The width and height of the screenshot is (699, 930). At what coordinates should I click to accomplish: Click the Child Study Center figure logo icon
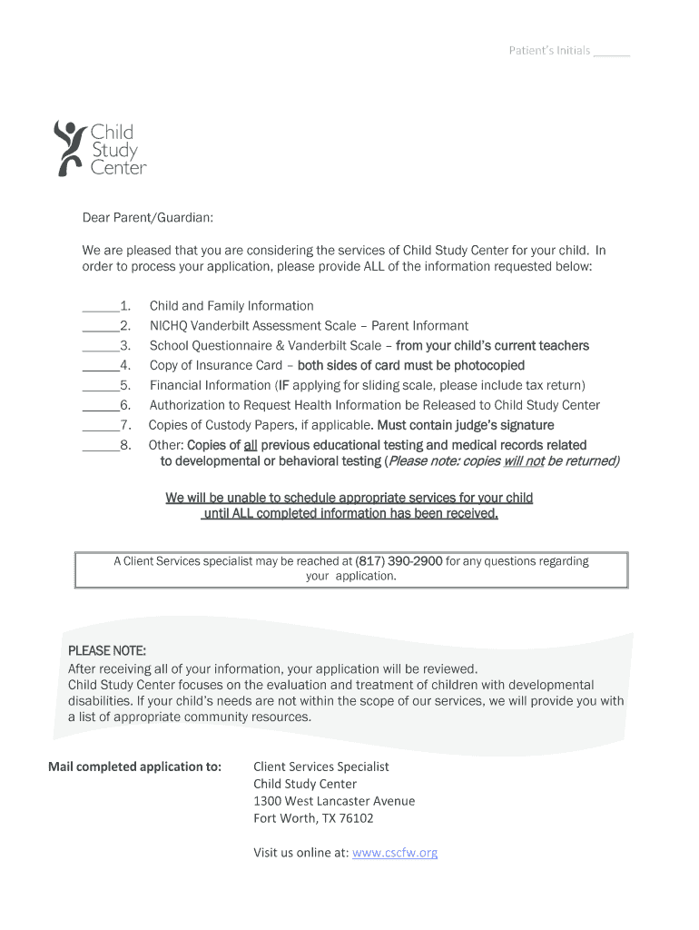click(69, 147)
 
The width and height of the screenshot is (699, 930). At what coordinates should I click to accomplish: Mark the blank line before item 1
click(100, 310)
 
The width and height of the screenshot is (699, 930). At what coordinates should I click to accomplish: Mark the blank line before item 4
click(100, 370)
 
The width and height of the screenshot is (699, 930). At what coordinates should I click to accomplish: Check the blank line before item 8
click(100, 450)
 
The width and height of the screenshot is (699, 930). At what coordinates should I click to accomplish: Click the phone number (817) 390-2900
click(399, 561)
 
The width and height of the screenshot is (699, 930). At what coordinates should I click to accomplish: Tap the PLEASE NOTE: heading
click(107, 650)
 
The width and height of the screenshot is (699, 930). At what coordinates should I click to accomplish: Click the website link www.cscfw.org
click(395, 853)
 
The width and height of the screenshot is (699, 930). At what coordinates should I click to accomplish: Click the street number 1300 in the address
click(267, 801)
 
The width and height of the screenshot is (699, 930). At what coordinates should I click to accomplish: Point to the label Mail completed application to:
click(134, 767)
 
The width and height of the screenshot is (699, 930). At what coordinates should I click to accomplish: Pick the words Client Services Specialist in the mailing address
click(320, 767)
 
